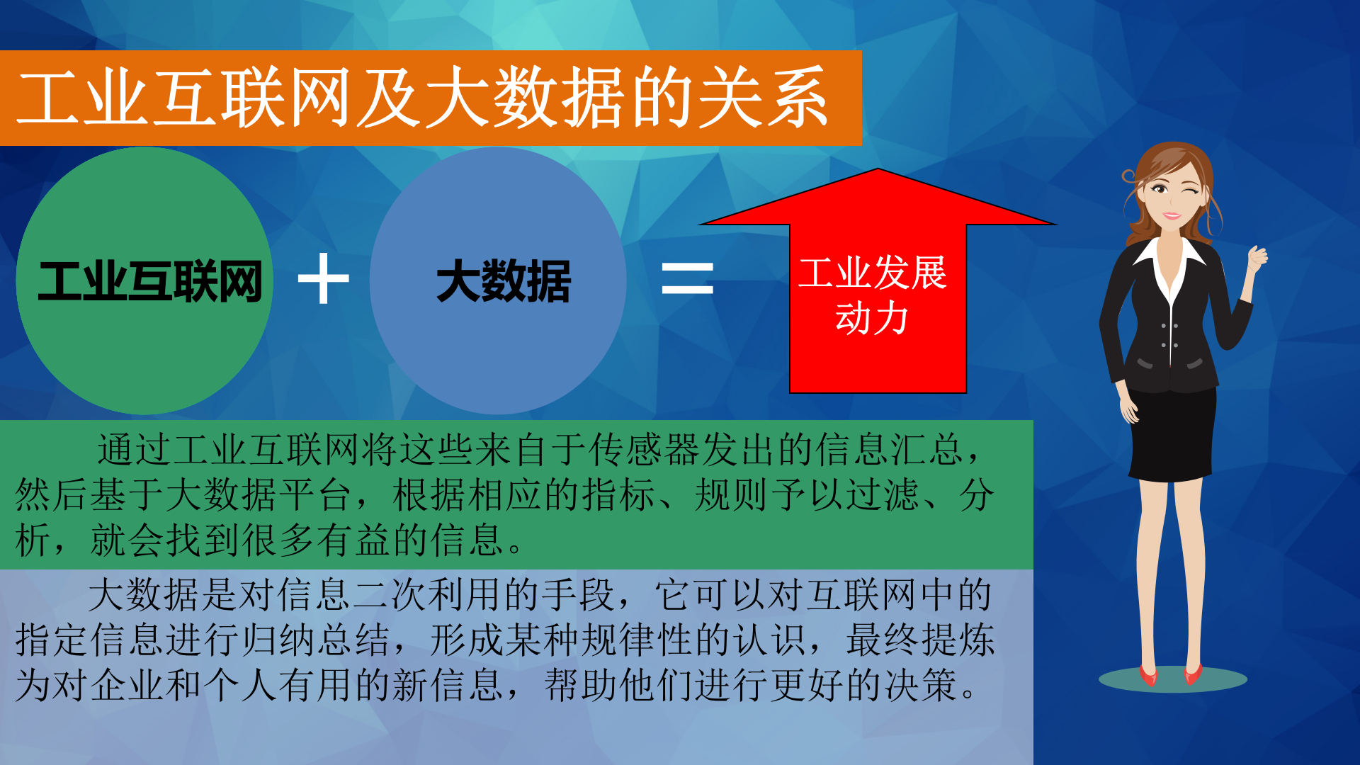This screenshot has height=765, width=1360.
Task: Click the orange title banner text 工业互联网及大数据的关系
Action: pyautogui.click(x=422, y=98)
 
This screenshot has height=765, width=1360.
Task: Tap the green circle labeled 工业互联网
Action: pyautogui.click(x=144, y=281)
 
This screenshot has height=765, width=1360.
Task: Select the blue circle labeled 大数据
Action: pyautogui.click(x=499, y=281)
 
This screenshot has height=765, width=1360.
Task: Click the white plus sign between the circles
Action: pyautogui.click(x=324, y=278)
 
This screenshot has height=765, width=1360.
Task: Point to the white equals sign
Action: pyautogui.click(x=687, y=278)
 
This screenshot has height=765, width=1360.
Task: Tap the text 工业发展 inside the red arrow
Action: pyautogui.click(x=873, y=273)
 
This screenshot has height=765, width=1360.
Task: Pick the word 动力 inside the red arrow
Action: pyautogui.click(x=872, y=318)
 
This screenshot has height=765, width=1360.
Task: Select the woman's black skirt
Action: pyautogui.click(x=1172, y=432)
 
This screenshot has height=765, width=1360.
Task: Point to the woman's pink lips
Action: pyautogui.click(x=1172, y=215)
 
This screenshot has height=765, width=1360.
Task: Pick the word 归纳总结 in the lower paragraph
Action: pyautogui.click(x=314, y=640)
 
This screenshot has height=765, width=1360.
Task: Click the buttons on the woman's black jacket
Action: pyautogui.click(x=1169, y=336)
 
